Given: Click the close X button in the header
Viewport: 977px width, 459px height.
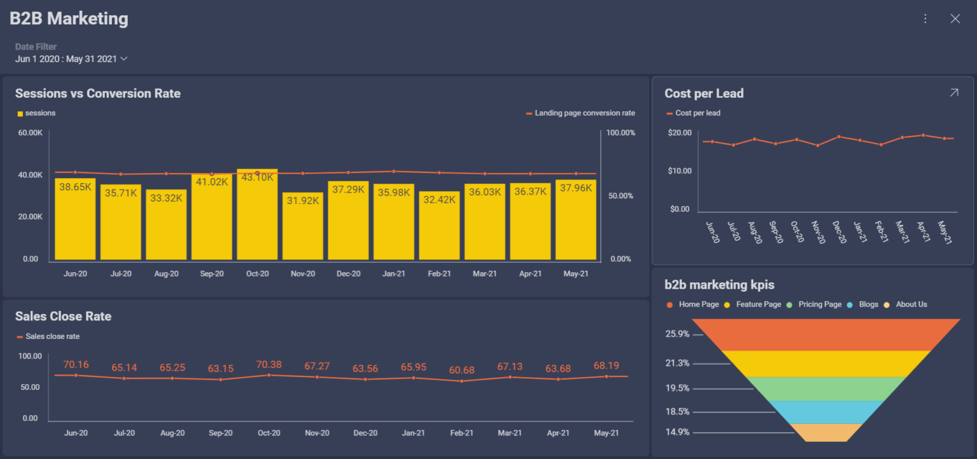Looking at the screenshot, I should (x=955, y=19).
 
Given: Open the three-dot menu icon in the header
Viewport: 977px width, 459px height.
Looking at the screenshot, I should (x=925, y=19).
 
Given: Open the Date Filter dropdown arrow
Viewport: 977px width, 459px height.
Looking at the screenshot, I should (x=124, y=59).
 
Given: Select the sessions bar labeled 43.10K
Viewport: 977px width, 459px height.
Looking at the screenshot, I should (x=257, y=216).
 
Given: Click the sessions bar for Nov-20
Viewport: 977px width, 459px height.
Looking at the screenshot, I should (x=303, y=229).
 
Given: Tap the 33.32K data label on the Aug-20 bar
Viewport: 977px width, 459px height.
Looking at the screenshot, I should (x=166, y=198).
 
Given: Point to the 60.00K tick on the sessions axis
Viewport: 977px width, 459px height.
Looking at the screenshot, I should (x=31, y=133).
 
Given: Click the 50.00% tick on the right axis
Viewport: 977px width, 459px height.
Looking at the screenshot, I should (x=621, y=196).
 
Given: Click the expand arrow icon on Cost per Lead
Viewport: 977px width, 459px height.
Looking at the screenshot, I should (x=953, y=93).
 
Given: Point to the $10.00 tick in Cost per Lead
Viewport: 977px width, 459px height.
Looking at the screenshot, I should (x=679, y=171).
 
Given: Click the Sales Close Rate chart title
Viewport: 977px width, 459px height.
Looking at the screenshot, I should (x=63, y=316).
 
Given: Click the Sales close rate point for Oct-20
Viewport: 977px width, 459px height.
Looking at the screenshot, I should (x=269, y=375).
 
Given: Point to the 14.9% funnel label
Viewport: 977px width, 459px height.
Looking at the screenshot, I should (x=677, y=432).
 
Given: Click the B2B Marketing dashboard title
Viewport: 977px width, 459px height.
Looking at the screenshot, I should (x=69, y=19).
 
